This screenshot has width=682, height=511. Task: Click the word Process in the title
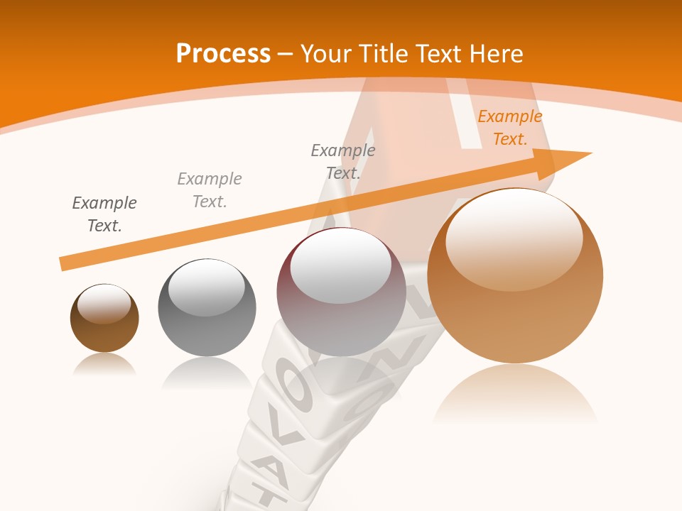(223, 54)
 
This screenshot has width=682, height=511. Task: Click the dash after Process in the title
(286, 55)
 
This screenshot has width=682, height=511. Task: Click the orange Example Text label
(509, 128)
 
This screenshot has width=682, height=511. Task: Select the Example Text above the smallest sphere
(104, 214)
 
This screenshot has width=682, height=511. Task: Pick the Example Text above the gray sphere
(210, 189)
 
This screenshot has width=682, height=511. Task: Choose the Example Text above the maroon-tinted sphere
(343, 161)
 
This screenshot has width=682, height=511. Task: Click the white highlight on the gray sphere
(206, 287)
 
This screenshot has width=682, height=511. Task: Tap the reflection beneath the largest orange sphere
(515, 394)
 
